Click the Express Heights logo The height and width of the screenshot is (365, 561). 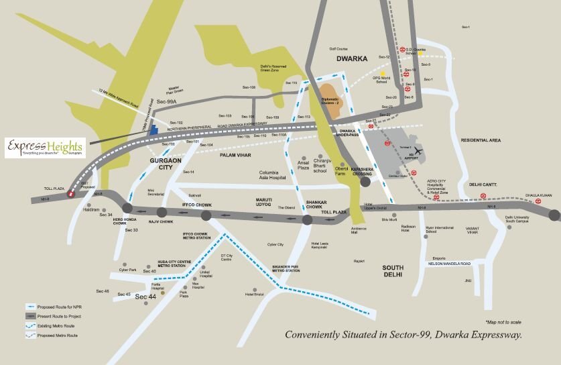click(x=44, y=147)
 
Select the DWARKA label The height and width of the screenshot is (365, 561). click(x=352, y=59)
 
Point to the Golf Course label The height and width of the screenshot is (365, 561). click(x=338, y=49)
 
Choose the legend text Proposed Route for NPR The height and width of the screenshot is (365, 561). click(x=59, y=305)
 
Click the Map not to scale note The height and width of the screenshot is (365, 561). click(x=503, y=323)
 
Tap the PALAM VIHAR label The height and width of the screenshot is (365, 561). click(x=235, y=155)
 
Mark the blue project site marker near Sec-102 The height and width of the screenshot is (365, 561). click(x=153, y=129)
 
